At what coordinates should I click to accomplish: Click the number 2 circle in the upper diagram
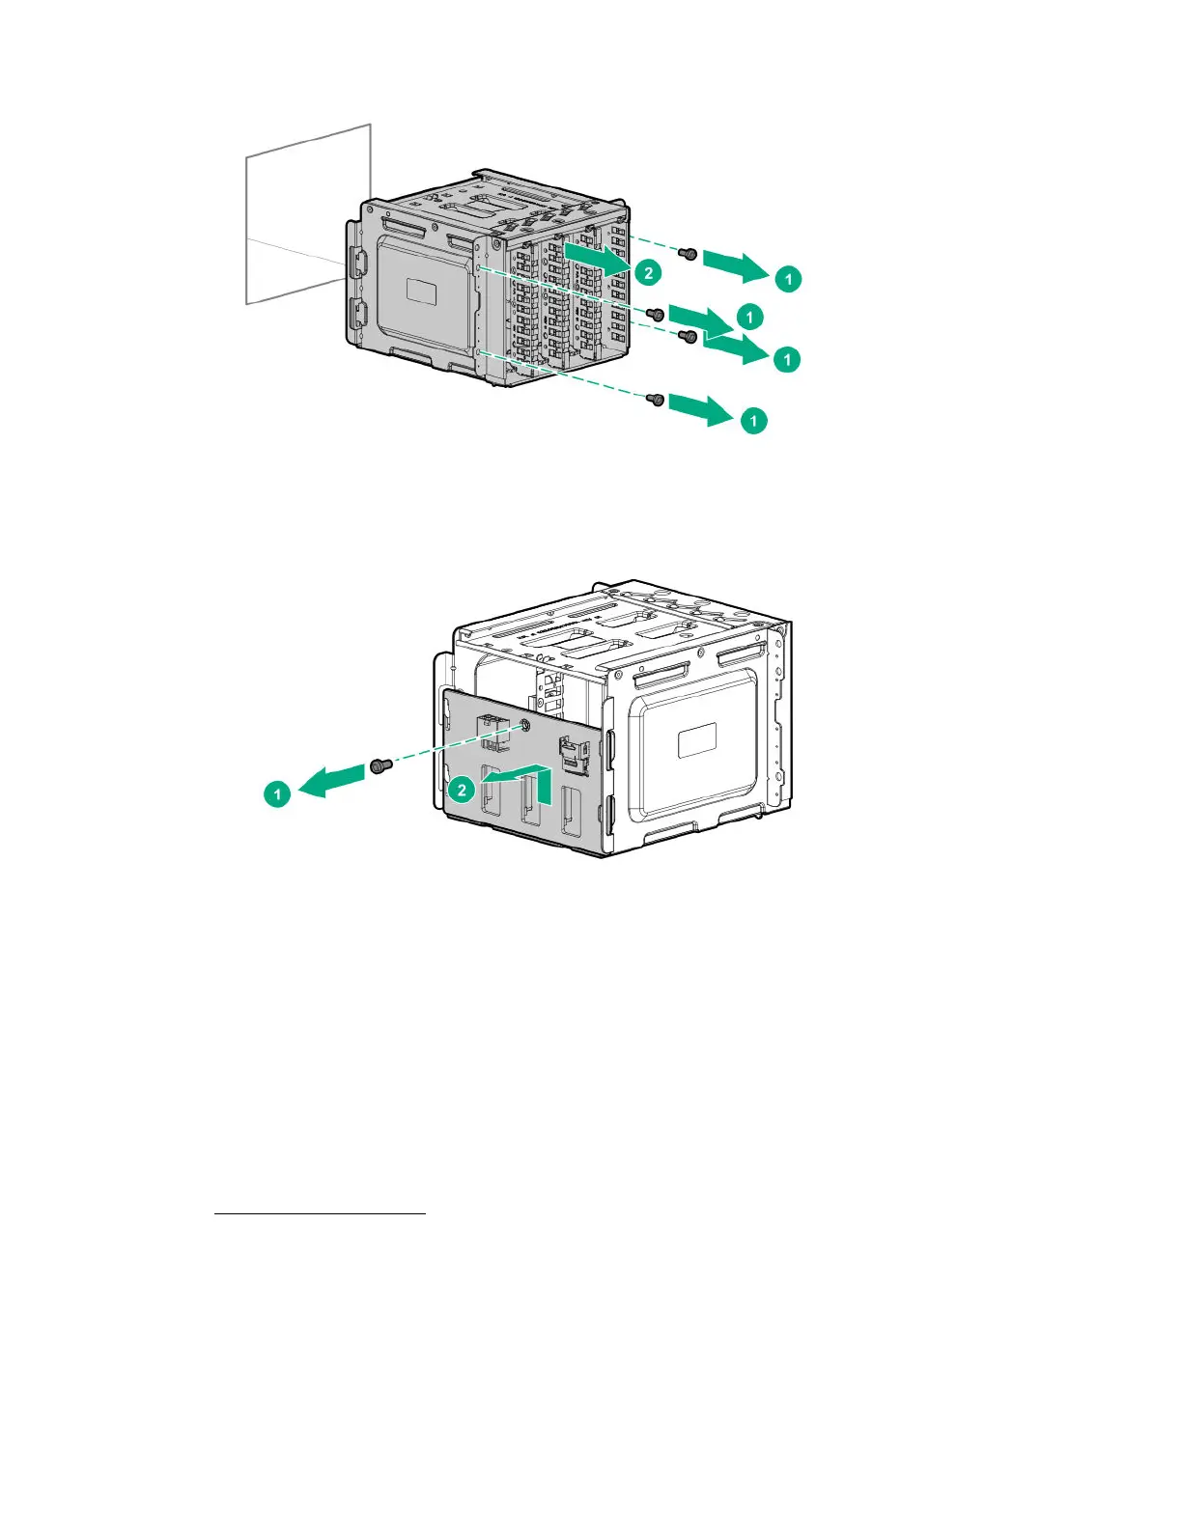click(x=648, y=272)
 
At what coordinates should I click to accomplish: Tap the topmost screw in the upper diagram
click(x=689, y=254)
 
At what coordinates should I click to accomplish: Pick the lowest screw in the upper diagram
click(x=656, y=399)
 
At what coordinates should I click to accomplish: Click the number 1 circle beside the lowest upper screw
click(x=753, y=421)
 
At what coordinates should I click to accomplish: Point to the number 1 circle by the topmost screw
click(x=789, y=279)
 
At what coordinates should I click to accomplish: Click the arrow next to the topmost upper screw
click(x=736, y=264)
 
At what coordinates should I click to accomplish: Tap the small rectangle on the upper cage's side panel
click(x=423, y=290)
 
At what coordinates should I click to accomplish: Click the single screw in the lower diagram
click(x=379, y=766)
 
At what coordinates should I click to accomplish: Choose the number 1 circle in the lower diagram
click(x=277, y=794)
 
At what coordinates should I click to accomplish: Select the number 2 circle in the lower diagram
click(x=462, y=790)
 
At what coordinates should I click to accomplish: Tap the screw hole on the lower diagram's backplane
click(x=525, y=726)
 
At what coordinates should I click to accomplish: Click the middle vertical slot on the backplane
click(x=529, y=800)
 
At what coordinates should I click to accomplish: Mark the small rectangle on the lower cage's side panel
click(x=696, y=742)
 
